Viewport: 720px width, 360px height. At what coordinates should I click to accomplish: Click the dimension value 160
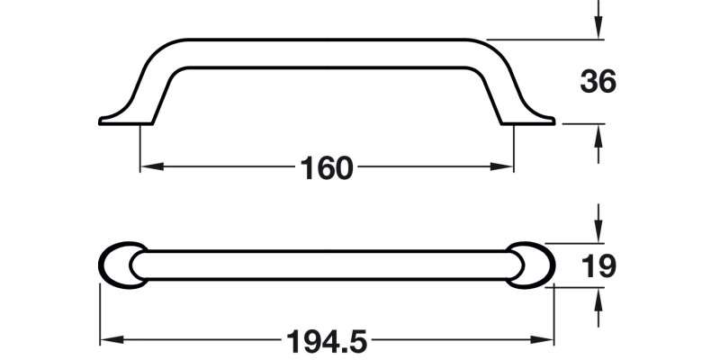[327, 167]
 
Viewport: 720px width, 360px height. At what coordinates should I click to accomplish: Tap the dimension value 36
[598, 82]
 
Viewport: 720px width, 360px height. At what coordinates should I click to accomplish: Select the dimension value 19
[598, 266]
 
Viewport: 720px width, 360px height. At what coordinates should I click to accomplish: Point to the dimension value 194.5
[327, 341]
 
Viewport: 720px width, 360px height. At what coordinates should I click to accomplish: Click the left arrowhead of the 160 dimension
[147, 166]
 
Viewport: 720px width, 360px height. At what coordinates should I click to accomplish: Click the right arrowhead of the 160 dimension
[507, 166]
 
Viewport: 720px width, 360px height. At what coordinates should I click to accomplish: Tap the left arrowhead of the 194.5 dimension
[106, 340]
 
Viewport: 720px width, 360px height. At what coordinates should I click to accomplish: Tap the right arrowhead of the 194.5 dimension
[547, 340]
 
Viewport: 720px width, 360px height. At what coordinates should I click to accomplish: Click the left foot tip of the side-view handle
[102, 120]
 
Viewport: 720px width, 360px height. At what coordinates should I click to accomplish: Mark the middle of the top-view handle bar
[327, 265]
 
